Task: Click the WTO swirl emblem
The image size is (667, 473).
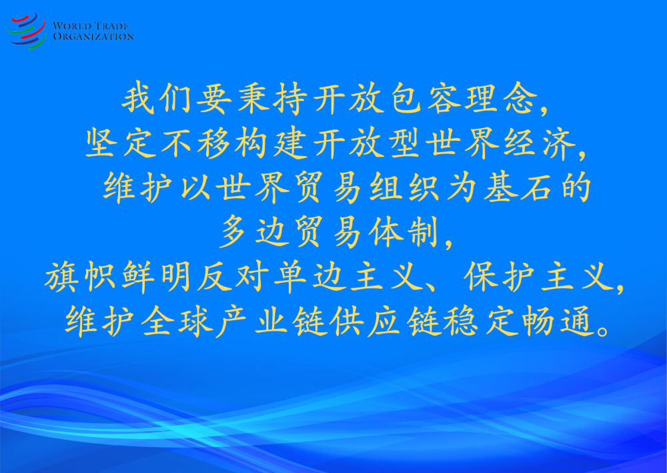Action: (27, 31)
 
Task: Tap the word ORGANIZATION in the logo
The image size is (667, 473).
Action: (93, 37)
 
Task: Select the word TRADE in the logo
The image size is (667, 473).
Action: (111, 26)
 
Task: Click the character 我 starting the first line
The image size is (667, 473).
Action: (138, 98)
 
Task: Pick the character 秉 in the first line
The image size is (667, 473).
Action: (253, 98)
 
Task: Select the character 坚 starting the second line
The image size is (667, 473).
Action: (101, 143)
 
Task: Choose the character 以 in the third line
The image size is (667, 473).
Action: (196, 187)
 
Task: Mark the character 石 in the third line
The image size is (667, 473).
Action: (536, 187)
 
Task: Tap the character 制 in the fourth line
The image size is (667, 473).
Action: (422, 231)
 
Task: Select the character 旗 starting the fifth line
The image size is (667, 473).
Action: (60, 276)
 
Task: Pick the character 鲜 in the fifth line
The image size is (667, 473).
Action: (138, 276)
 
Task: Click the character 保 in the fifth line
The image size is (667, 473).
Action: (480, 276)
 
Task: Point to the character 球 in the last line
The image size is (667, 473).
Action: (196, 322)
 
